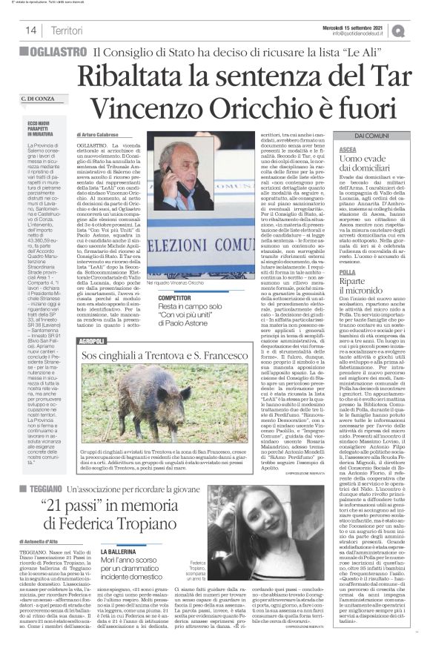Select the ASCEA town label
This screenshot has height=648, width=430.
[347, 150]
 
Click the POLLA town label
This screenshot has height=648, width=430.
[347, 271]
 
